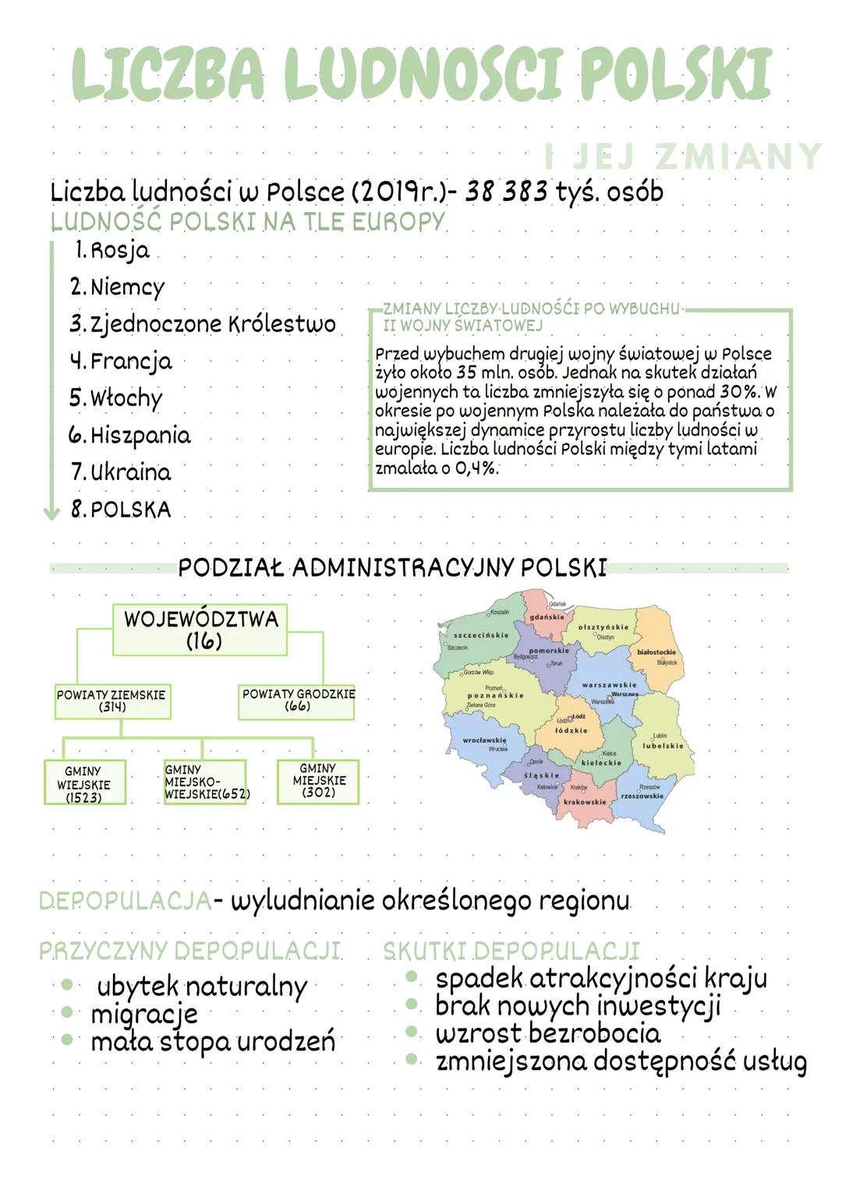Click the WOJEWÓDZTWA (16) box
point(200,630)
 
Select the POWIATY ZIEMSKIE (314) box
point(112,701)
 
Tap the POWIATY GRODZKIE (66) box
point(297,700)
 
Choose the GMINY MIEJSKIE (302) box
point(318,780)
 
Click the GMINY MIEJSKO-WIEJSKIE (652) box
point(205,782)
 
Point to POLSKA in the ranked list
point(130,510)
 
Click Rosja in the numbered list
point(119,251)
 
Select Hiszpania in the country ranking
point(140,435)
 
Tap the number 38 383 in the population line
point(507,192)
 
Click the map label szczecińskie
point(481,635)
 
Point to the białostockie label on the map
point(656,651)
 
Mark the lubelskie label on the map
point(663,746)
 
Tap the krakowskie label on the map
point(585,801)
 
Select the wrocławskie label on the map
point(484,740)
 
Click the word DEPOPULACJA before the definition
point(125,901)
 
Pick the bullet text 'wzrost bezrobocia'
point(547,1033)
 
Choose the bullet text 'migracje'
point(144,1014)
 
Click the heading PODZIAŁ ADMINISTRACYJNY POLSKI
point(392,567)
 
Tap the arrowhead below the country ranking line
point(51,512)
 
